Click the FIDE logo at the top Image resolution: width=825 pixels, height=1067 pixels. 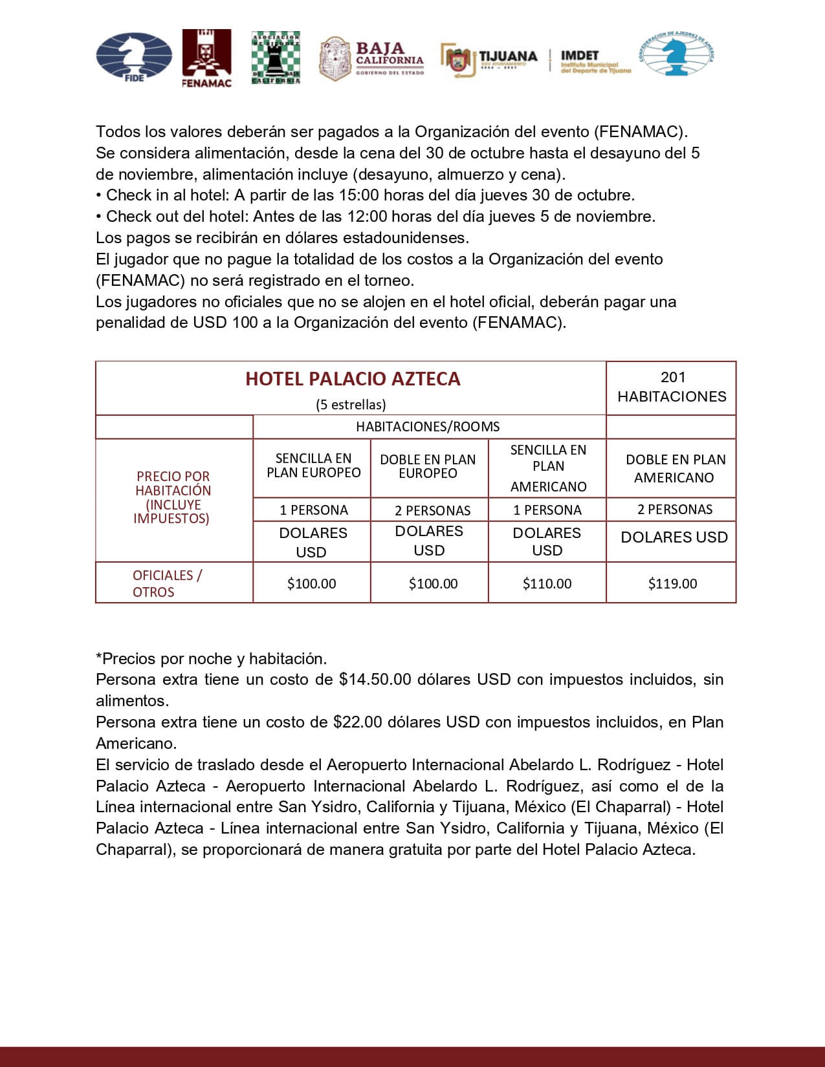click(134, 57)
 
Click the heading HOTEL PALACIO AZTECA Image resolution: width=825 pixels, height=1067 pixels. click(353, 379)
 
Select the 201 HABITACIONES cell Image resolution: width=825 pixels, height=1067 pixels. click(672, 387)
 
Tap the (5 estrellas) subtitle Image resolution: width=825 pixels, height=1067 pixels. click(351, 405)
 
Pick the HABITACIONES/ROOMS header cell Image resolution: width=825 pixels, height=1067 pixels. click(428, 427)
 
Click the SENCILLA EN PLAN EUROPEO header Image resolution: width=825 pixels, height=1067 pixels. click(313, 466)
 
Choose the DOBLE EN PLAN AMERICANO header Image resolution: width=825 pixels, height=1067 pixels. click(675, 468)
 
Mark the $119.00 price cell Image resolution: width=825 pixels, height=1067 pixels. click(672, 583)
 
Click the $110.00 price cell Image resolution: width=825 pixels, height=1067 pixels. click(547, 583)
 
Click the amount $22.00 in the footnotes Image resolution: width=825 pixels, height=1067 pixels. click(358, 722)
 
